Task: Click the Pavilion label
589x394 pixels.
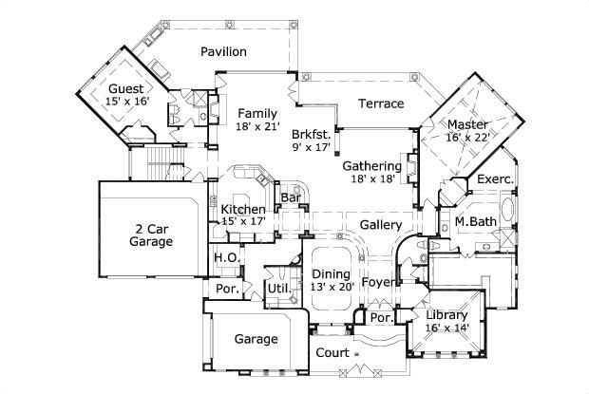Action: coord(223,51)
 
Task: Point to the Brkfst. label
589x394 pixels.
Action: coord(313,135)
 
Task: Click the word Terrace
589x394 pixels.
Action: coord(381,103)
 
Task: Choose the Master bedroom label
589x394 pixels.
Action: coord(467,123)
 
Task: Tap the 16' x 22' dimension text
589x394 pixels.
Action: coord(467,137)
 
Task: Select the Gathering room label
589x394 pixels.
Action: coord(371,165)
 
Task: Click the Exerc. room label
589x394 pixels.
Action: coord(495,178)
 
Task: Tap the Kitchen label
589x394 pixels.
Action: coord(243,209)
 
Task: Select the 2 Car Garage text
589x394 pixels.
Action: coord(151,235)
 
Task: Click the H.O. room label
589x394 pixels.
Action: coord(224,258)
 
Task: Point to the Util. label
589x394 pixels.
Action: coord(278,287)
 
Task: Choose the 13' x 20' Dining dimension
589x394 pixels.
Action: coord(332,287)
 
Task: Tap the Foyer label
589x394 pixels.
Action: coord(379,282)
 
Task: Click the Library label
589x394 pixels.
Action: coord(446,315)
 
